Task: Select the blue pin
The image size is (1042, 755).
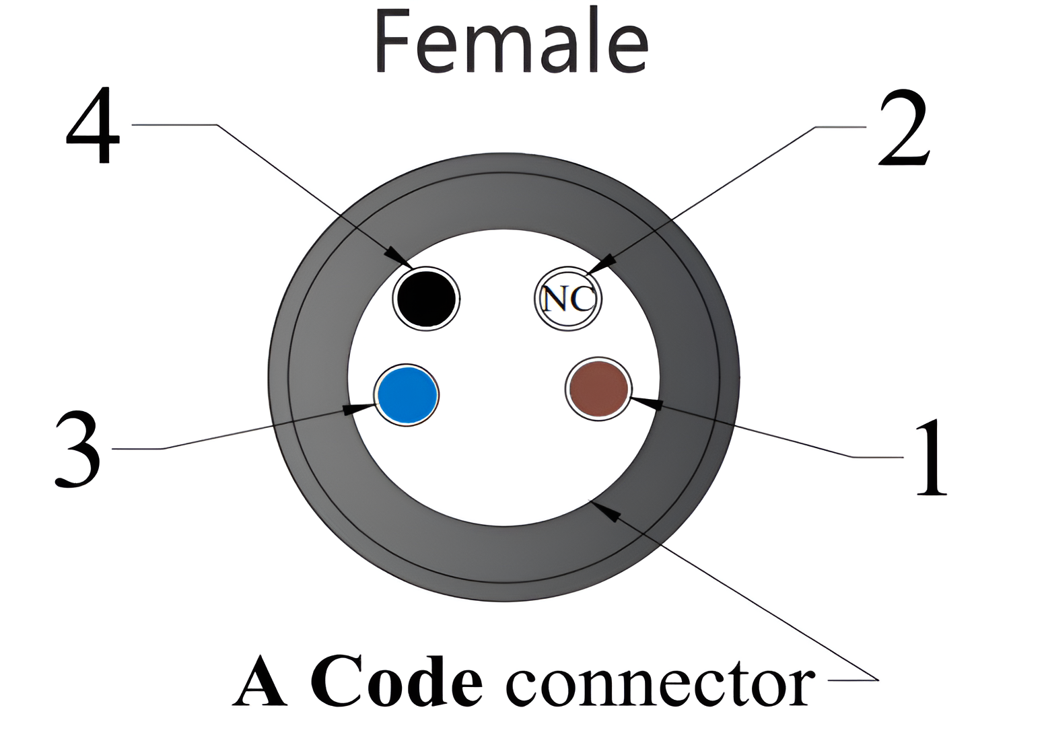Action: click(407, 395)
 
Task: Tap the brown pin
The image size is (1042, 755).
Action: click(598, 388)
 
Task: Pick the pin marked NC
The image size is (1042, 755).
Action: click(568, 299)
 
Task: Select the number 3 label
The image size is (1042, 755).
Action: click(77, 450)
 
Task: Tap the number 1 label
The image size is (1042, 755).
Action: click(932, 458)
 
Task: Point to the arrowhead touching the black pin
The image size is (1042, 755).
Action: click(398, 256)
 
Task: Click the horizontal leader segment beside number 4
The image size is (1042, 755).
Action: click(174, 124)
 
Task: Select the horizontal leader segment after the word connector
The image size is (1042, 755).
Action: click(853, 680)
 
